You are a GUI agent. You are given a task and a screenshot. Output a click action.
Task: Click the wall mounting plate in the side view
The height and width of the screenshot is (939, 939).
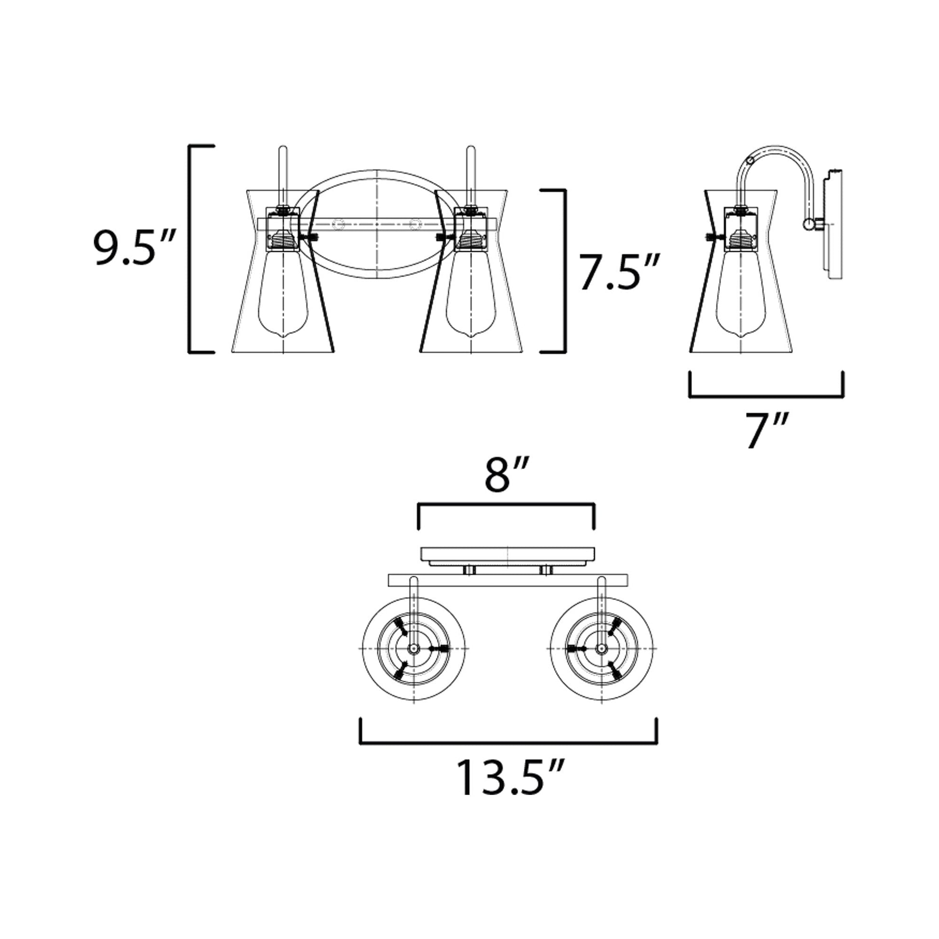[832, 224]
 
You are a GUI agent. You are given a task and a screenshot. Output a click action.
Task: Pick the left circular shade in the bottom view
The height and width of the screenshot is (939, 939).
[414, 649]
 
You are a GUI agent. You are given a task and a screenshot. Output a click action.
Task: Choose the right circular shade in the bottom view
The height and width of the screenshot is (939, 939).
[602, 649]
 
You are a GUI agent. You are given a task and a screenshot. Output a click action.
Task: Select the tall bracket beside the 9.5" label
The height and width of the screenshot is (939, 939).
[201, 249]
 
